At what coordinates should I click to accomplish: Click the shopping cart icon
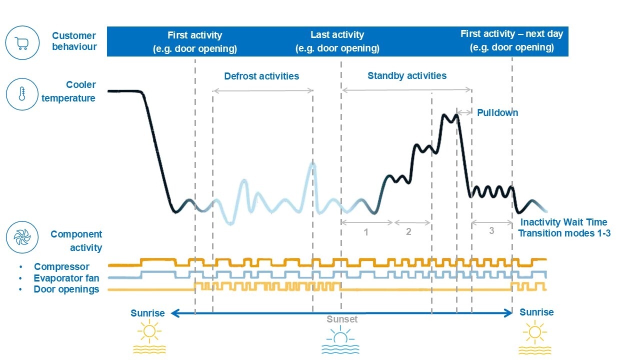pyautogui.click(x=22, y=43)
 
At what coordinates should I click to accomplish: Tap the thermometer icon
pyautogui.click(x=22, y=94)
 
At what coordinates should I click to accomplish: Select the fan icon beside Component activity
pyautogui.click(x=22, y=237)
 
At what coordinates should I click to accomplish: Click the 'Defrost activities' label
pyautogui.click(x=261, y=76)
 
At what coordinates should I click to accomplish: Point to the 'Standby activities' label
pyautogui.click(x=407, y=76)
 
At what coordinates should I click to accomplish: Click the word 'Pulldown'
pyautogui.click(x=497, y=113)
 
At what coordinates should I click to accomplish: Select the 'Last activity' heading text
pyautogui.click(x=337, y=35)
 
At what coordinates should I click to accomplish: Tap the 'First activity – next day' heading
pyautogui.click(x=511, y=34)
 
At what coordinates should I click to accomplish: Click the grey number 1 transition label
pyautogui.click(x=366, y=232)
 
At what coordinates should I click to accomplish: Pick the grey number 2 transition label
pyautogui.click(x=408, y=232)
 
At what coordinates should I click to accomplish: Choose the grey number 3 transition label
pyautogui.click(x=491, y=231)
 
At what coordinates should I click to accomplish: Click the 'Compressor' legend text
pyautogui.click(x=61, y=267)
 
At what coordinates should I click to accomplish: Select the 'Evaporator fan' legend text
pyautogui.click(x=66, y=278)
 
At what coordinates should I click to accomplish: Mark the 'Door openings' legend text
pyautogui.click(x=66, y=289)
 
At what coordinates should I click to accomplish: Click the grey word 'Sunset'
pyautogui.click(x=342, y=319)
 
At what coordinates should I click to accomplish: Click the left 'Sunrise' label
pyautogui.click(x=147, y=313)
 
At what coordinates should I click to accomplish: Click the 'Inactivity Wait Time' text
pyautogui.click(x=564, y=222)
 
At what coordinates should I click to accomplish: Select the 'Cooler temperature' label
pyautogui.click(x=69, y=91)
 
